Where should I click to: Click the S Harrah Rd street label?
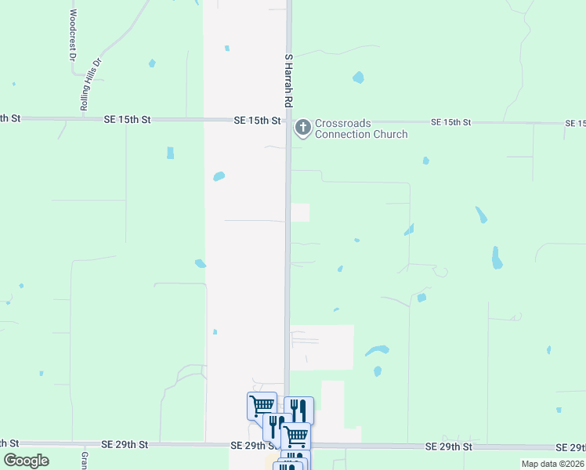[288, 81]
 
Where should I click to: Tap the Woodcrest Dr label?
[71, 36]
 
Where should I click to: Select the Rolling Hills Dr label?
[92, 83]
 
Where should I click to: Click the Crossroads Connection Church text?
[361, 128]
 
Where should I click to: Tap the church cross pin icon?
[302, 127]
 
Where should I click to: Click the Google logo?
[26, 461]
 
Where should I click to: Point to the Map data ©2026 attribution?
[552, 464]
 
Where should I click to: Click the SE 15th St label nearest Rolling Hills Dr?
[127, 120]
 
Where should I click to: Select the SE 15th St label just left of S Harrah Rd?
[257, 121]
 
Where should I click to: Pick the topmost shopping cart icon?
[262, 405]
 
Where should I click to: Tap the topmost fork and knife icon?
[298, 410]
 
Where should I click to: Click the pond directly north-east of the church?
[358, 78]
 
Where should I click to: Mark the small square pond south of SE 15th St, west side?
[170, 153]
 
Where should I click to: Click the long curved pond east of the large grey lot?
[377, 350]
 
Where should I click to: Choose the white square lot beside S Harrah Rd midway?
[300, 212]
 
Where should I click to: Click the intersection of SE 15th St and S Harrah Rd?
[288, 121]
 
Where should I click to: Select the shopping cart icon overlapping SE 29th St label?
[295, 436]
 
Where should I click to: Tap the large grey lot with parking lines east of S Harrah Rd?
[321, 346]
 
